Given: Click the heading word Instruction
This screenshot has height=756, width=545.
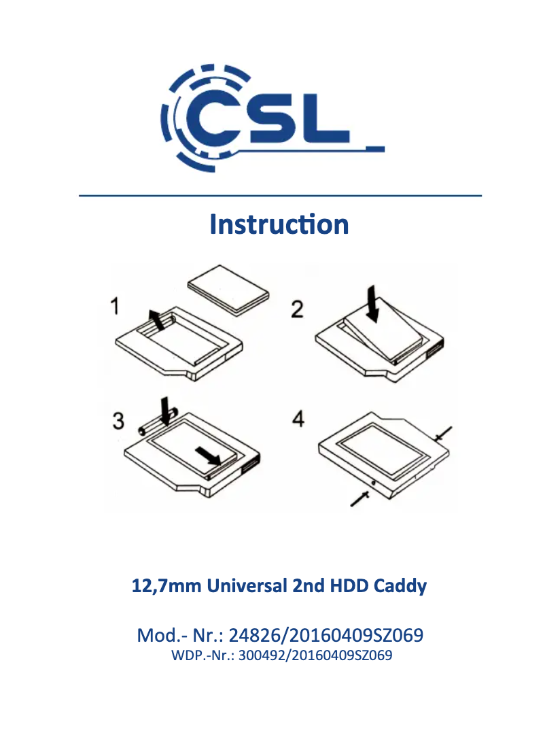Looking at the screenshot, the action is pos(279,224).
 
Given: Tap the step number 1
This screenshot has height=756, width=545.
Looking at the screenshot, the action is pos(115,306).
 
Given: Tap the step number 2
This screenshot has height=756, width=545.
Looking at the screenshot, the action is pos(297,309).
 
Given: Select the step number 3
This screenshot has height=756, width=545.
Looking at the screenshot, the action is pos(118,420).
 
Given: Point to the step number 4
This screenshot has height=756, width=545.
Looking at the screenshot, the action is pos(298,419).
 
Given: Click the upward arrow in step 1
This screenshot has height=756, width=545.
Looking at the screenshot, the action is pos(156,320).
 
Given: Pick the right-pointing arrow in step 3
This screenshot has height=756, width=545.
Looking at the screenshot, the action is pos(208,454).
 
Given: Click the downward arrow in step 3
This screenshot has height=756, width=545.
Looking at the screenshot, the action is pos(165,411).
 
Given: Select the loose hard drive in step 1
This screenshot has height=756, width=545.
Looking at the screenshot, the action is pos(228,290).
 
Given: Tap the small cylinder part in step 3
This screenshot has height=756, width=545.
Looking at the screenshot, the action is pos(158,422).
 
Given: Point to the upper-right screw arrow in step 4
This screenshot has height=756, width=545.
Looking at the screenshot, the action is pos(443,434).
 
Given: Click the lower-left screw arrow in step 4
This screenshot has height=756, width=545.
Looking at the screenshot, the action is pos(359,498).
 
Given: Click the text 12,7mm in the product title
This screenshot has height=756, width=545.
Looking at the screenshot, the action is pos(166,586).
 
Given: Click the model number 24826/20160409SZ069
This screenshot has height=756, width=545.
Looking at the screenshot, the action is pos(326,636).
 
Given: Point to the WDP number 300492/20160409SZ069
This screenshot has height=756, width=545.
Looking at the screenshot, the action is pos(315,655).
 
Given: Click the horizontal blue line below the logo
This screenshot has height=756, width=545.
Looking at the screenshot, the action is pos(280,196).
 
